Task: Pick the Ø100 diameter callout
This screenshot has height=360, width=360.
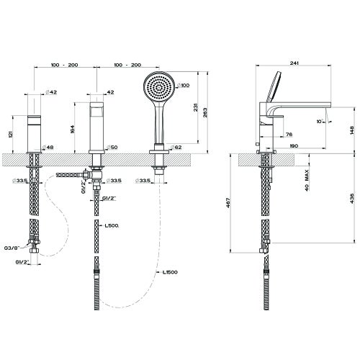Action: point(184,86)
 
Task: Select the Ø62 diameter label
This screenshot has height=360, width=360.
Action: point(177,148)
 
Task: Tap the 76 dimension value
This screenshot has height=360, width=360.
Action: point(288,134)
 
